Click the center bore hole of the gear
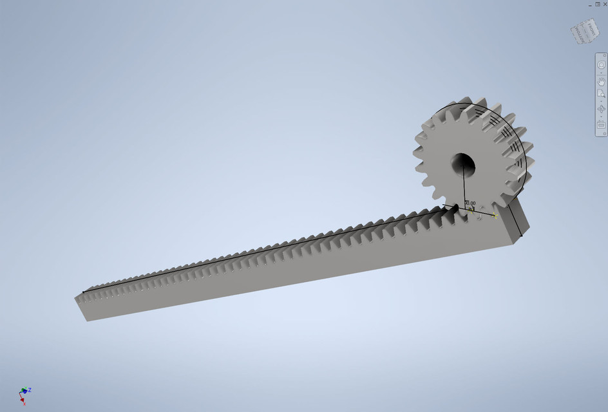coord(462,165)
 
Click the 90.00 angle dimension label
coord(470,203)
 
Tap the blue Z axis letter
coord(30,389)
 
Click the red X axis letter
coord(24,404)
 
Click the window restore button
coord(597,4)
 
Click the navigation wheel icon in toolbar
coord(601,64)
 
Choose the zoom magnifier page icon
coord(601,94)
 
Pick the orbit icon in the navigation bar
coord(601,109)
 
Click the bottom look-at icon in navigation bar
coord(601,124)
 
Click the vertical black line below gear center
coord(464,190)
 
